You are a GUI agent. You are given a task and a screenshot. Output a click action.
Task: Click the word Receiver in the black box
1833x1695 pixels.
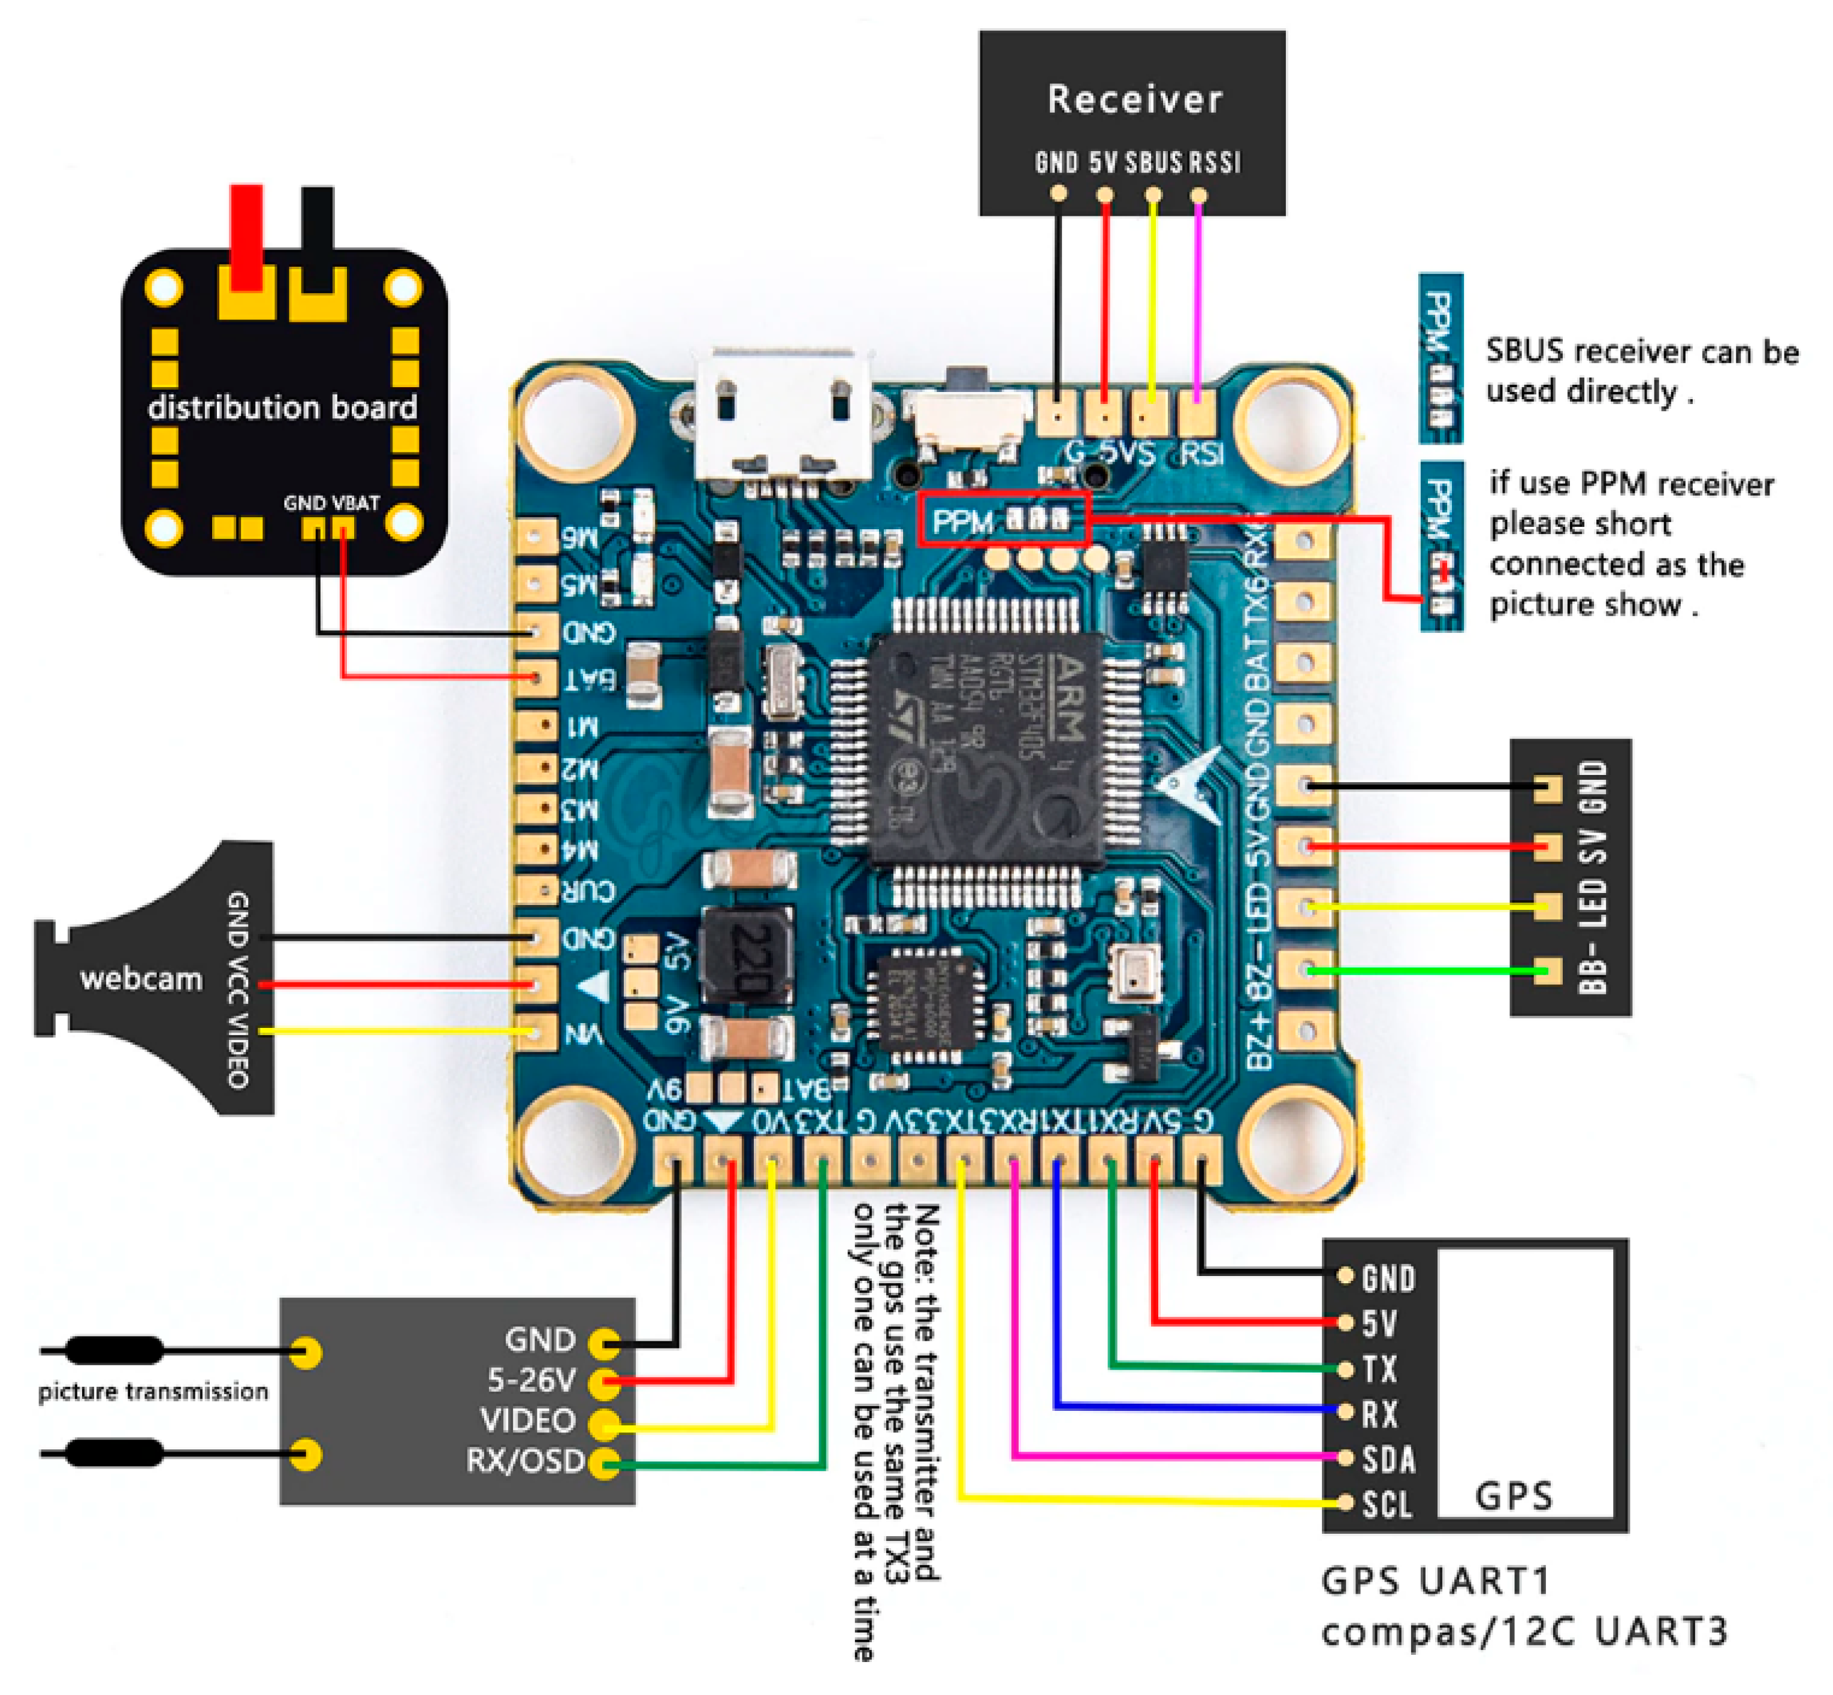tap(1134, 99)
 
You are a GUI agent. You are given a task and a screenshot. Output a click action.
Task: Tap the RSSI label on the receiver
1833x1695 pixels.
tap(1215, 163)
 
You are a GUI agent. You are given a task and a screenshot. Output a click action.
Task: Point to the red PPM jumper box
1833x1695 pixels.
tap(1003, 519)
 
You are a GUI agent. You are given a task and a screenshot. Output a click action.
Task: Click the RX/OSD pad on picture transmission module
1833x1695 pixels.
tap(603, 1463)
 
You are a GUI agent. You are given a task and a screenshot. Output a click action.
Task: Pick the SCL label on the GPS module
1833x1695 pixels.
tap(1385, 1505)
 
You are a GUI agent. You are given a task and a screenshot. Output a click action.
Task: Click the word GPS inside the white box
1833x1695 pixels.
tap(1513, 1496)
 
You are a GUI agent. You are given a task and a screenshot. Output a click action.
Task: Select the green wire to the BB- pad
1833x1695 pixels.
tap(1421, 970)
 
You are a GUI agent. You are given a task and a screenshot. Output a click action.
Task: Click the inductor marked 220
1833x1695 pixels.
tap(747, 956)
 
